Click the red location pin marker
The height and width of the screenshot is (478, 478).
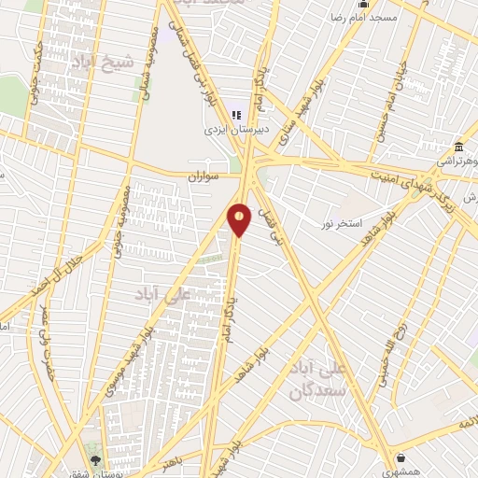click(239, 218)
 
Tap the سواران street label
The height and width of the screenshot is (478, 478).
click(202, 176)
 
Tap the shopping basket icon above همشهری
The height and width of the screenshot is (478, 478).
click(401, 457)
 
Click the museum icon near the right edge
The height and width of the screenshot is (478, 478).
click(458, 148)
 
